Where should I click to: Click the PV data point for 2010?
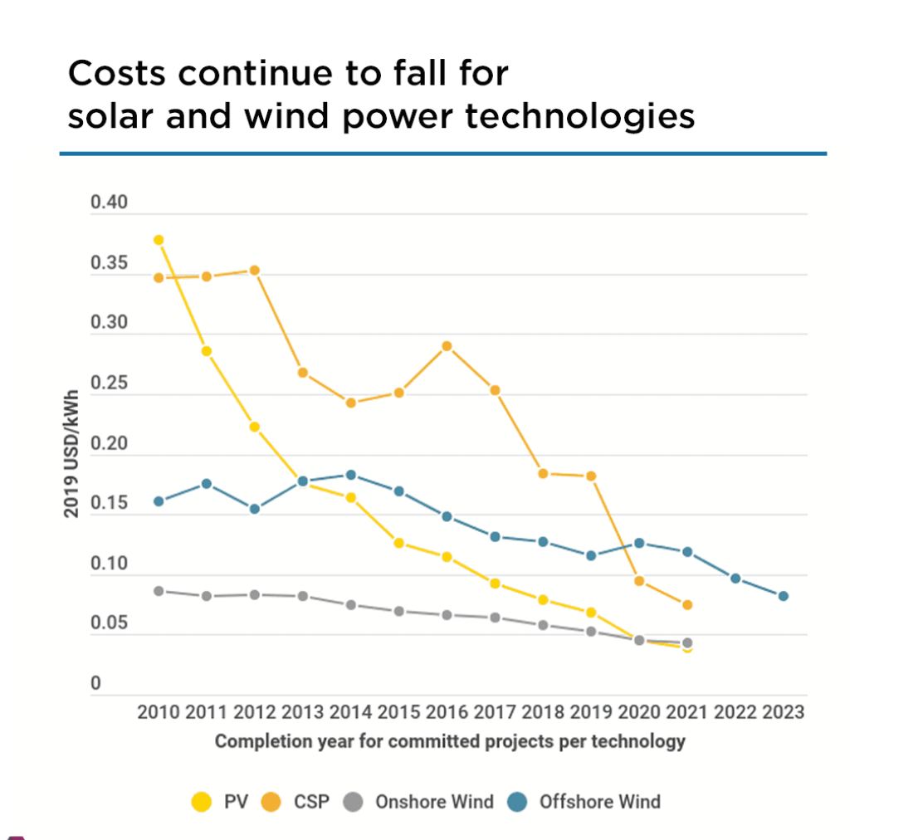click(159, 240)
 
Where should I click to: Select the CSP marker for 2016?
click(447, 346)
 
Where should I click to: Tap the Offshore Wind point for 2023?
click(783, 596)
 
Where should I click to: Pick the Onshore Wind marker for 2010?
click(159, 591)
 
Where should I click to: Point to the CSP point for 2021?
click(687, 605)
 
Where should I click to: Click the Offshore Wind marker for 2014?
click(351, 475)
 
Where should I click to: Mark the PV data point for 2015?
click(398, 543)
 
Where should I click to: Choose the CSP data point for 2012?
click(255, 271)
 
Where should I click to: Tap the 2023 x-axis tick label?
click(782, 712)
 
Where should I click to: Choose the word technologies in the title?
click(579, 117)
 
